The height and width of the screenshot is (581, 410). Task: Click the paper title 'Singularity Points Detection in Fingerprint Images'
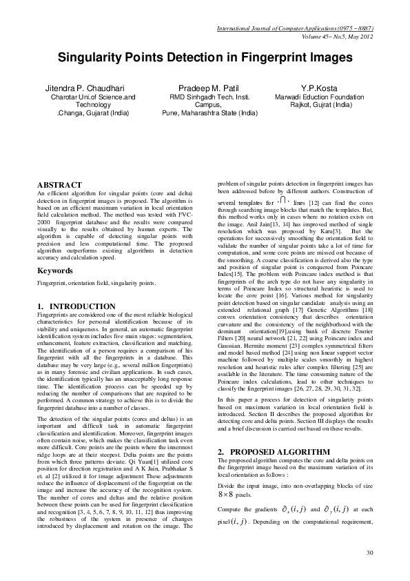coord(205,59)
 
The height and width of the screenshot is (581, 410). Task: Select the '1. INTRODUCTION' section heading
coord(76,306)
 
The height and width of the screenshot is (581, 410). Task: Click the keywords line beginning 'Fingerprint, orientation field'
coord(91,284)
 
